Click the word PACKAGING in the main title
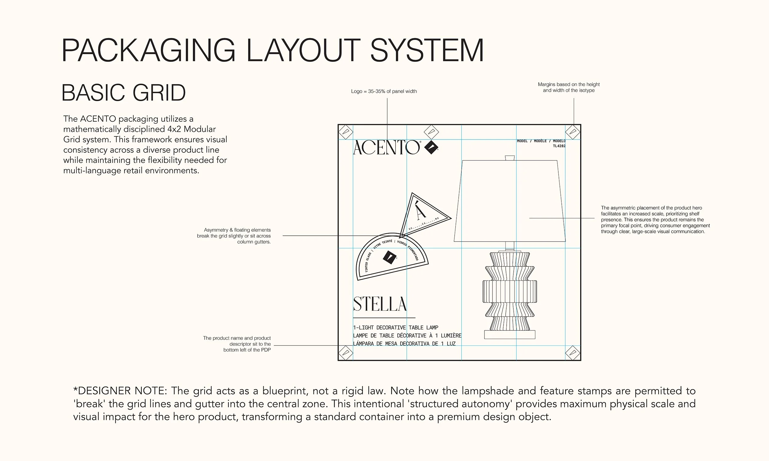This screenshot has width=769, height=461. point(148,50)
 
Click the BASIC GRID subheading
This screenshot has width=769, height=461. point(123,93)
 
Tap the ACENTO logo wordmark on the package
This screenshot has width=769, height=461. point(386,148)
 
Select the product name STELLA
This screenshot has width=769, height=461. point(380,304)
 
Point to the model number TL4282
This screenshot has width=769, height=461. point(559,146)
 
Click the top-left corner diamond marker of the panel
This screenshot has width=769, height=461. point(345,132)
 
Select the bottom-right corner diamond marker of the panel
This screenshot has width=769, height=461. point(572,353)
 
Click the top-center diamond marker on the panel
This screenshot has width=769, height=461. point(431,132)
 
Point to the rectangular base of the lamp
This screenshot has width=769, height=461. point(510,335)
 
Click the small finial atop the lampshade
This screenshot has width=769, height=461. point(510,158)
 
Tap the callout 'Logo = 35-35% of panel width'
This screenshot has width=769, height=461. point(384,91)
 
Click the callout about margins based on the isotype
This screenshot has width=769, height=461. point(568,87)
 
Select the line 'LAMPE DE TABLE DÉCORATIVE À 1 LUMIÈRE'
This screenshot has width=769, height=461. point(407,336)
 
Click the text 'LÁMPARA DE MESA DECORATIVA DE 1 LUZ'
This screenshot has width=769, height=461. point(404,344)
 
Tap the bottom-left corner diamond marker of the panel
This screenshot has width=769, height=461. point(345,353)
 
